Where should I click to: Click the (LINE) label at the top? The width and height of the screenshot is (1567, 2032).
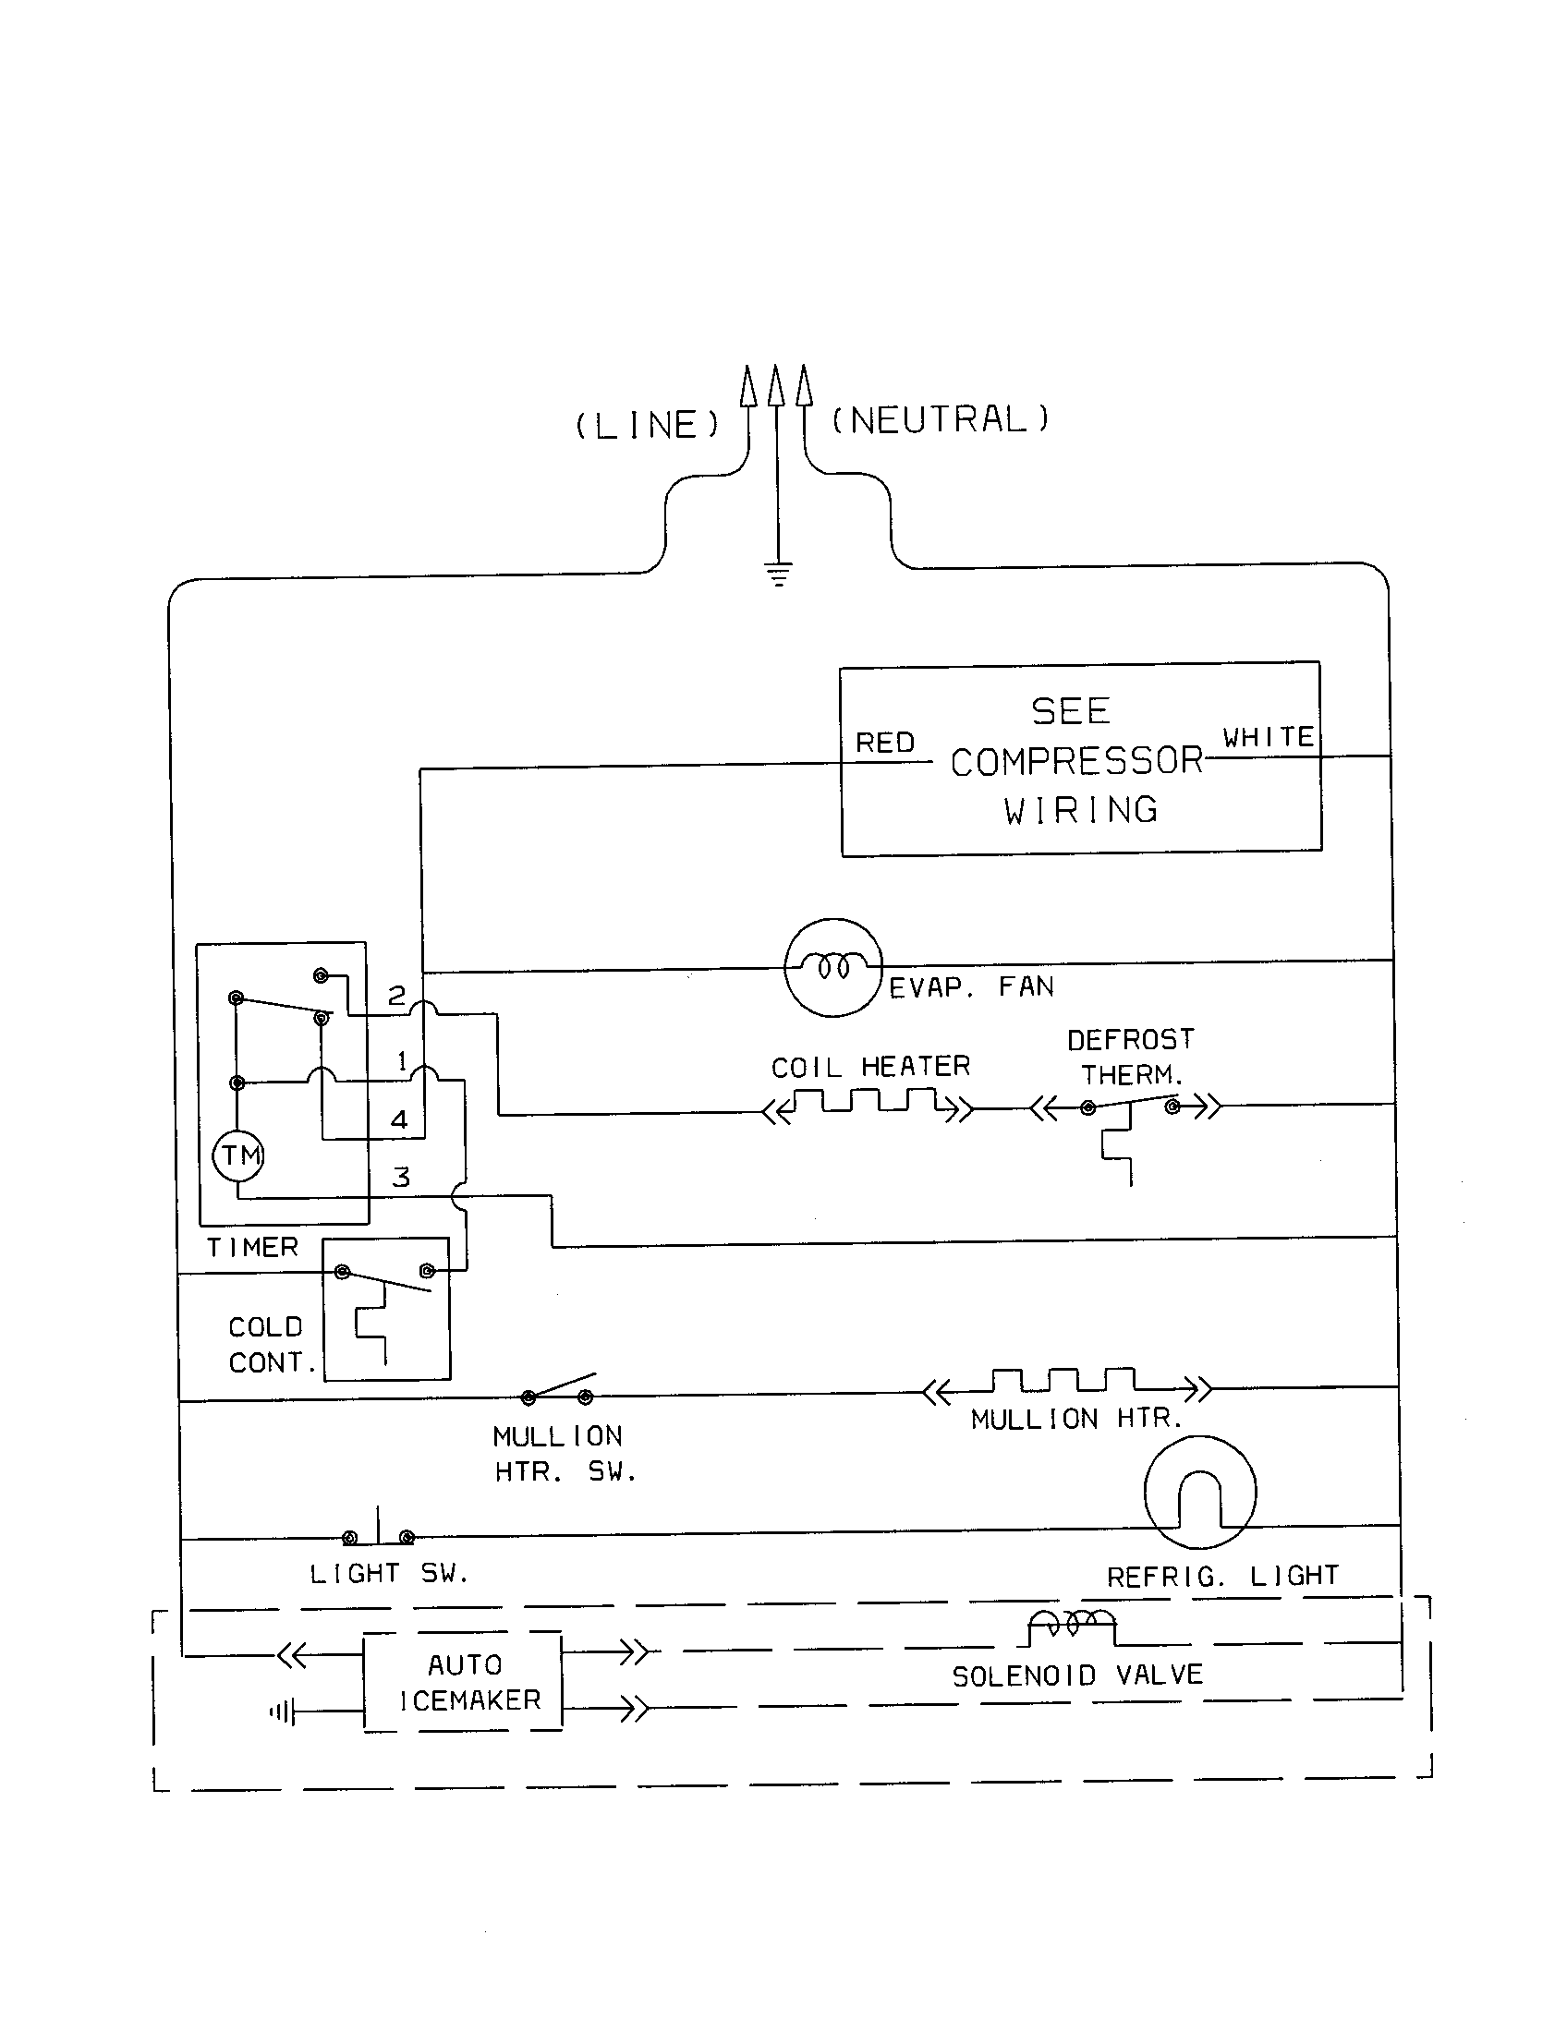coord(647,425)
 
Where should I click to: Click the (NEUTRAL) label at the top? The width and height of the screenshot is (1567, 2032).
coord(940,419)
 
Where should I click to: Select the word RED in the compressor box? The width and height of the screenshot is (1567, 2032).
coord(885,743)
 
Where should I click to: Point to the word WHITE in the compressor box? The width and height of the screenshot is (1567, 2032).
coord(1269,737)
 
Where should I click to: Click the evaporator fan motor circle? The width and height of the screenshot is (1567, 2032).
coord(832,968)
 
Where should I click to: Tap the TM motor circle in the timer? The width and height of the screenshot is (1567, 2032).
coord(239,1155)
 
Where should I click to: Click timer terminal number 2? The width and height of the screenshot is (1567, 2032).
coord(396,996)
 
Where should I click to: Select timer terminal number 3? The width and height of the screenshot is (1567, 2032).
coord(401,1177)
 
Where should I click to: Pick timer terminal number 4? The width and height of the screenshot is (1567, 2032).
coord(399,1119)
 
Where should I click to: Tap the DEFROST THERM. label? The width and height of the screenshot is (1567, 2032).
coord(1131,1057)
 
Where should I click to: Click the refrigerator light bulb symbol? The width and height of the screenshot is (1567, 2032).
coord(1199,1494)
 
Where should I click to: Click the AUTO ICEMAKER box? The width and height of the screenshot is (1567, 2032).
coord(463,1682)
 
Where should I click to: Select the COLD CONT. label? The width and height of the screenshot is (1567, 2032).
coord(270,1345)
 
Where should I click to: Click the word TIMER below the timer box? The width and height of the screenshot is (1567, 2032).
coord(252,1247)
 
